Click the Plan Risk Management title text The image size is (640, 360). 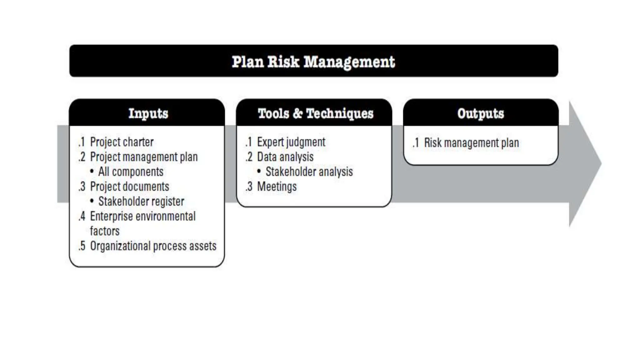[313, 62]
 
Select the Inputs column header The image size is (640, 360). [148, 113]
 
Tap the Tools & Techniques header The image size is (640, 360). [315, 113]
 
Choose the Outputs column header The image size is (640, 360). [481, 113]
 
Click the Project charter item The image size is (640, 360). [122, 142]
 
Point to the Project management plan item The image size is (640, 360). [144, 157]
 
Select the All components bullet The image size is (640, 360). [131, 172]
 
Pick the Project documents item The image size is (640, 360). [129, 187]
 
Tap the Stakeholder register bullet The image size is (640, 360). [141, 201]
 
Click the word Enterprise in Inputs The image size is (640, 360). [111, 216]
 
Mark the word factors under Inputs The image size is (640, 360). [105, 231]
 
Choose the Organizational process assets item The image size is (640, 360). [153, 246]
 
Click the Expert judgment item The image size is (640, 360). [291, 142]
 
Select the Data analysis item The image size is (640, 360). [285, 157]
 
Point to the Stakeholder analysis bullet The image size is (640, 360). [309, 172]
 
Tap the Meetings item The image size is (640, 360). [277, 187]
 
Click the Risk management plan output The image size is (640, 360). [471, 143]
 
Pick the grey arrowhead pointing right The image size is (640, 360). [584, 164]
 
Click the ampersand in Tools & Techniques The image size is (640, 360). [298, 113]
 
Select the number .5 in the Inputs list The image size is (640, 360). [82, 246]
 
